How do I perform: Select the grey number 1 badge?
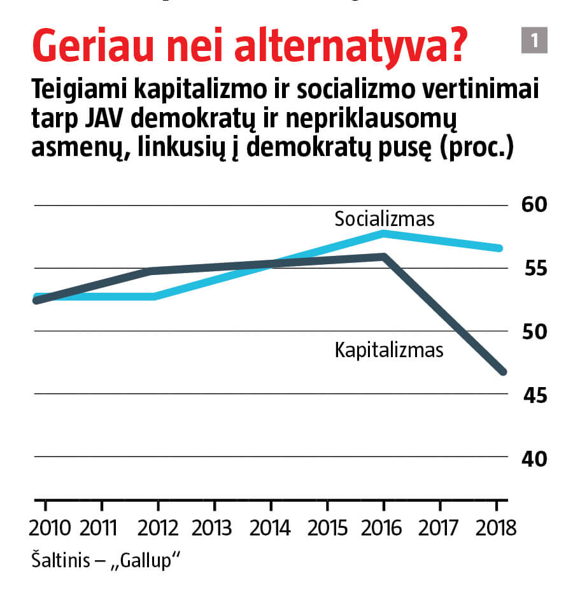534,41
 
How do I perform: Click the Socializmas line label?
385,220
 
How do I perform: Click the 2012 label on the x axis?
159,528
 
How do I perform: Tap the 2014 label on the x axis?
271,528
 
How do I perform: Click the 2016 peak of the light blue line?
383,233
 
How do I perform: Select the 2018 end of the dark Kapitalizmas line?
502,371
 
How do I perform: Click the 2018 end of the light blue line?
500,248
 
